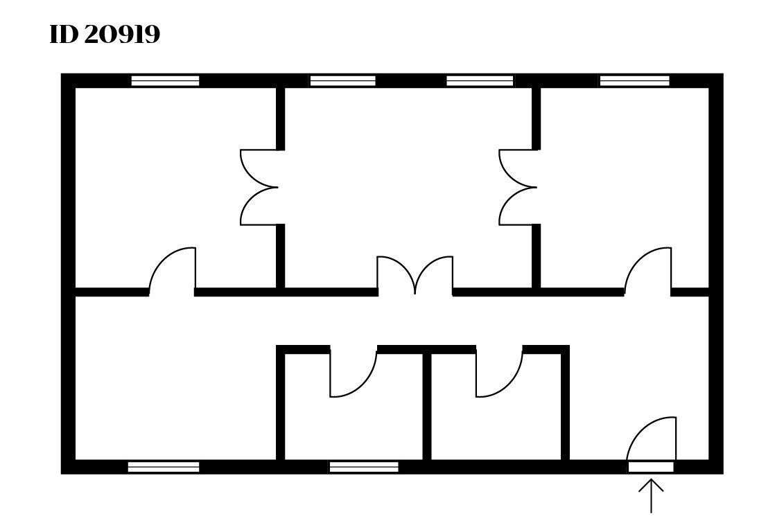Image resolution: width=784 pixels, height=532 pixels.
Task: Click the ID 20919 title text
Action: point(105,35)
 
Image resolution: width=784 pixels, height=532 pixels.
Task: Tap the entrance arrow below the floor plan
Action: point(651,495)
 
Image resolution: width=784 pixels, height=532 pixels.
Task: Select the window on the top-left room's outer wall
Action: point(165,81)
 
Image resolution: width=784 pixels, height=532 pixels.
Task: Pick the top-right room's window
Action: point(634,81)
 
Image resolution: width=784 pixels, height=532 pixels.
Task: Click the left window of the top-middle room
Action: point(342,81)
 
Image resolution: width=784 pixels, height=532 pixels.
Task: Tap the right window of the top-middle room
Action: point(480,81)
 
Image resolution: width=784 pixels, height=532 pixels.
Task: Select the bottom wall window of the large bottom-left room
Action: point(164,467)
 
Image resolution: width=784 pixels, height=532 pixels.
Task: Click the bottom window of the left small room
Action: point(363,467)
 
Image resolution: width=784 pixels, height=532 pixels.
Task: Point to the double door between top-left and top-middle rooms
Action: point(260,187)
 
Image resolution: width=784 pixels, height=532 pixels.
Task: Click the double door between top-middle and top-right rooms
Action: point(519,187)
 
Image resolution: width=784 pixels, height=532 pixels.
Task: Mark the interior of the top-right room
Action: point(624,173)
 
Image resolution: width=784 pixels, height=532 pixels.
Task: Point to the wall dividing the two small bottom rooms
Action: point(427,405)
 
